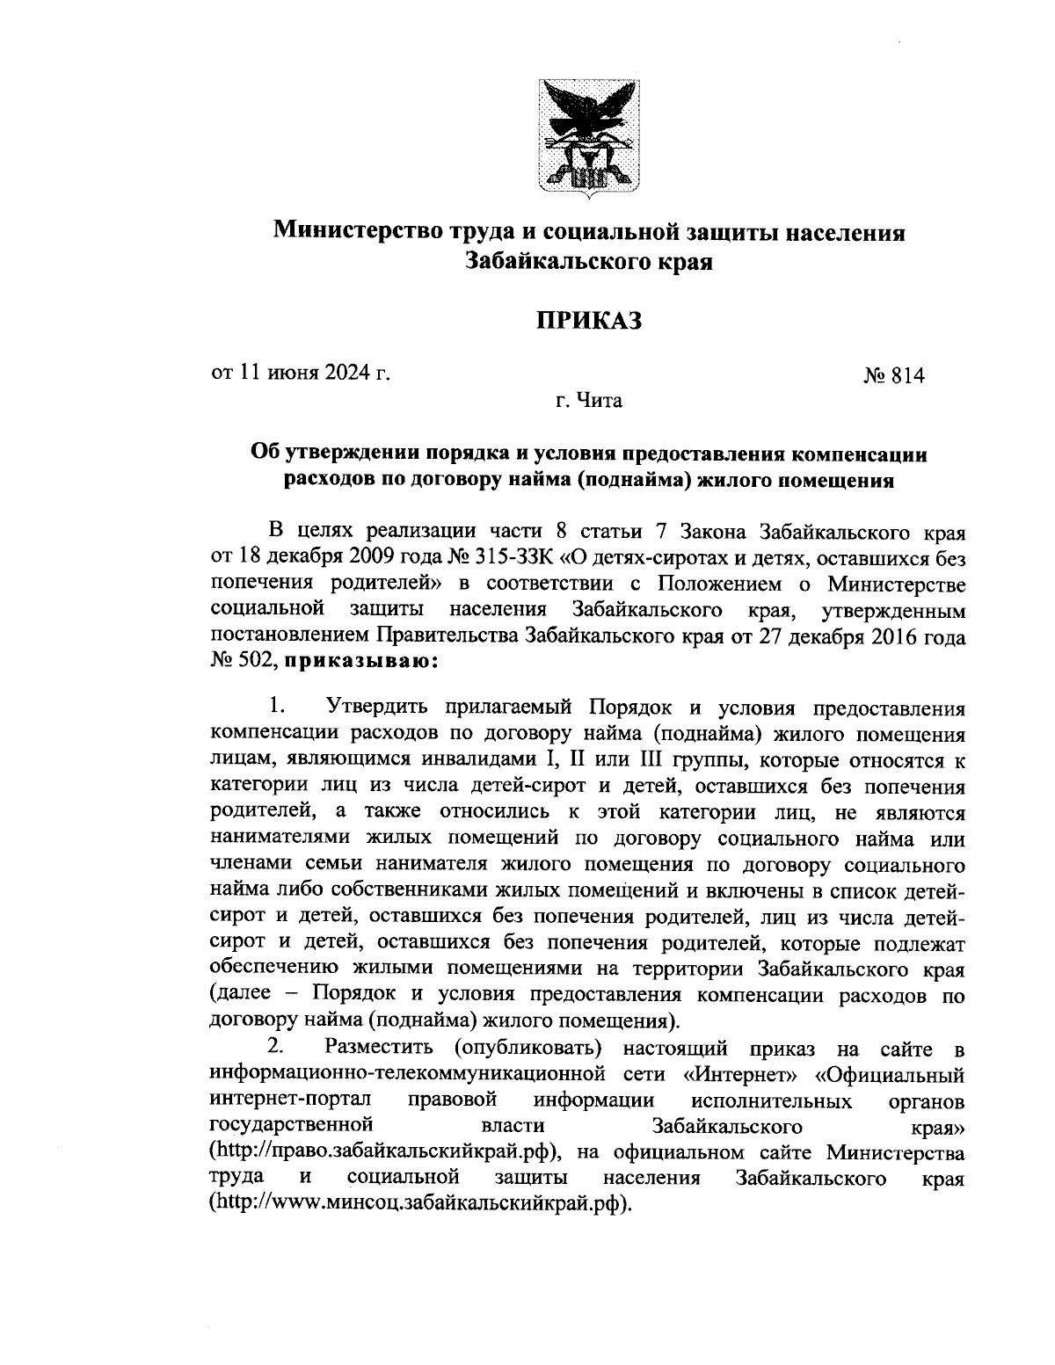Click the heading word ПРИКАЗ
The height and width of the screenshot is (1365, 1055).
tap(588, 320)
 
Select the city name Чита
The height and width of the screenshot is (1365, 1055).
tap(600, 402)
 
